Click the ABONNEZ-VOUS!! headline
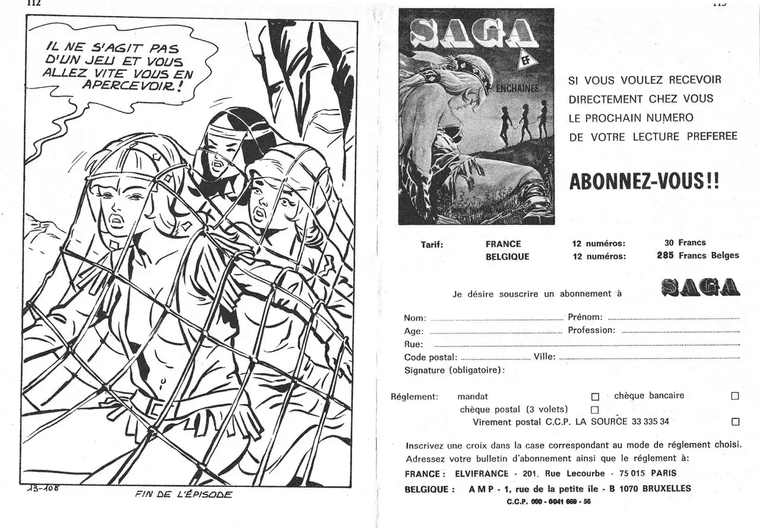[644, 182]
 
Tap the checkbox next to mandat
[595, 397]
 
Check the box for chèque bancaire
[735, 396]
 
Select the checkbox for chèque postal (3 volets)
[595, 410]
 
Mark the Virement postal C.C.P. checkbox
[735, 422]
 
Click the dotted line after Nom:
[496, 319]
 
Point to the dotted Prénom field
[673, 318]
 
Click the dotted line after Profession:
[680, 331]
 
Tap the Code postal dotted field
[495, 359]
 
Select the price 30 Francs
[685, 243]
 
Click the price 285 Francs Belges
[698, 256]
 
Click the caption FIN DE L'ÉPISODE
[183, 494]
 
